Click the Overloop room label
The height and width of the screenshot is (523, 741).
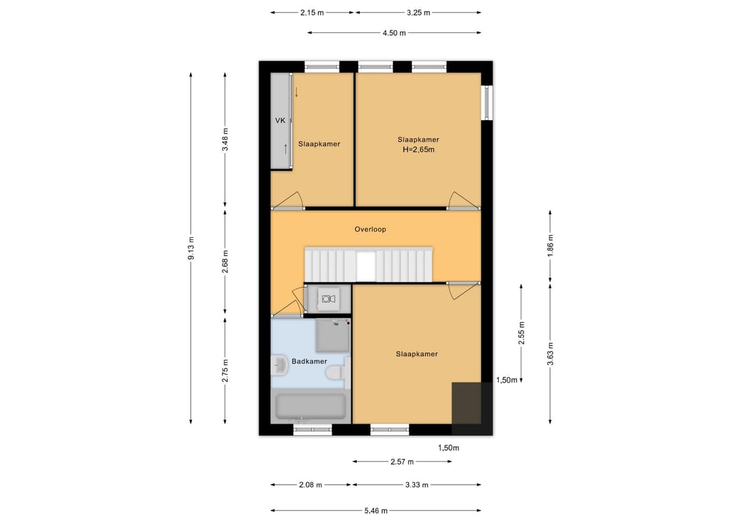(370, 230)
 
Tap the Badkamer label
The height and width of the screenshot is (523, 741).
(309, 361)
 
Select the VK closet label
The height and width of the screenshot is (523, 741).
(280, 121)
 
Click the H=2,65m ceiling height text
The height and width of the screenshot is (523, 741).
(419, 149)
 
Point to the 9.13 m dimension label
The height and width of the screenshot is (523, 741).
(191, 248)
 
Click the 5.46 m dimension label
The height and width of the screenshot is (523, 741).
(376, 510)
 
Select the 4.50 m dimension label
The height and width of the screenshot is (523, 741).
(394, 33)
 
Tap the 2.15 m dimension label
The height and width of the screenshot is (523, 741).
(312, 13)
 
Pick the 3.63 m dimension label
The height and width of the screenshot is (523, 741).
(550, 354)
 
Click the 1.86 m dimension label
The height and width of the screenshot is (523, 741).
(550, 245)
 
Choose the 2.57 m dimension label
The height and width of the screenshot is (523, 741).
(402, 461)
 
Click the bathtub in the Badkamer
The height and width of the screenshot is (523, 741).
(311, 407)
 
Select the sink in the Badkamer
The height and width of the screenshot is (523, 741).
(280, 365)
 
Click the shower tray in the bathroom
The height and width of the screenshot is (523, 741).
(333, 335)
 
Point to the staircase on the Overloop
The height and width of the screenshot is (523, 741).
(368, 265)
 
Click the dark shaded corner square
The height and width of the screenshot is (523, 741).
(471, 408)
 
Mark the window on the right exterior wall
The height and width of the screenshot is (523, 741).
(486, 102)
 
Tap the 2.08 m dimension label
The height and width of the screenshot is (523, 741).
(311, 485)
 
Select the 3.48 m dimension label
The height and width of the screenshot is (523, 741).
(225, 139)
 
